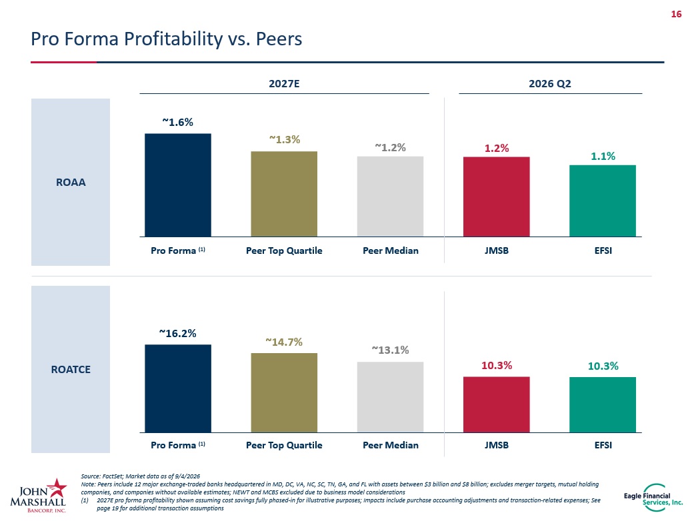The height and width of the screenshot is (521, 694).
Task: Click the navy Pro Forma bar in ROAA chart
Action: (x=178, y=185)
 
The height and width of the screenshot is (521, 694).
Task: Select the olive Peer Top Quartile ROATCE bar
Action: (x=284, y=392)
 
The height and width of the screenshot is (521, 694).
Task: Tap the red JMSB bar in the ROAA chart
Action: (x=497, y=197)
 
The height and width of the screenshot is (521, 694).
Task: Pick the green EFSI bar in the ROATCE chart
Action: (x=603, y=404)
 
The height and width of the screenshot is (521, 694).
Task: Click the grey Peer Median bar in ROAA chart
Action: (x=391, y=197)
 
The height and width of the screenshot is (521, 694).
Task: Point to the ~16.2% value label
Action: (x=177, y=334)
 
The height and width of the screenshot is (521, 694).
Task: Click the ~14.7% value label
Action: (x=284, y=342)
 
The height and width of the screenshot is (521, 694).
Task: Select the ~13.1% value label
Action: (x=391, y=350)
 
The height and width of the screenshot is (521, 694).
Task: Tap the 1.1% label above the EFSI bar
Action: (x=603, y=156)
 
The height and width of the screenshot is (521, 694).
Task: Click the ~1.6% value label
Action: (x=177, y=122)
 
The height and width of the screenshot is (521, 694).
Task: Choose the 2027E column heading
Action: (x=284, y=83)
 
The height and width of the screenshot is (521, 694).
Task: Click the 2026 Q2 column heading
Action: (x=550, y=83)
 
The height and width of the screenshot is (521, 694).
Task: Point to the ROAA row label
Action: (x=71, y=183)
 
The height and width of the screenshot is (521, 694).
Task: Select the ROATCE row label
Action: (x=71, y=369)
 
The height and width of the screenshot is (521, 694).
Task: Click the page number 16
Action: (x=676, y=14)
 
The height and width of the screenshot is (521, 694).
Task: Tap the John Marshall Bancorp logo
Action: (x=39, y=495)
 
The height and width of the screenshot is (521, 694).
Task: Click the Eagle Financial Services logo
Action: (x=653, y=498)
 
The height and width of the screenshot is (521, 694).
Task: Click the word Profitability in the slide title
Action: (x=173, y=39)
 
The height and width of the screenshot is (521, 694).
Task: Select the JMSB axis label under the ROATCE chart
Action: (x=497, y=445)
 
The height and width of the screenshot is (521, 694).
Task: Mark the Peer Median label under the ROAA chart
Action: (x=391, y=251)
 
